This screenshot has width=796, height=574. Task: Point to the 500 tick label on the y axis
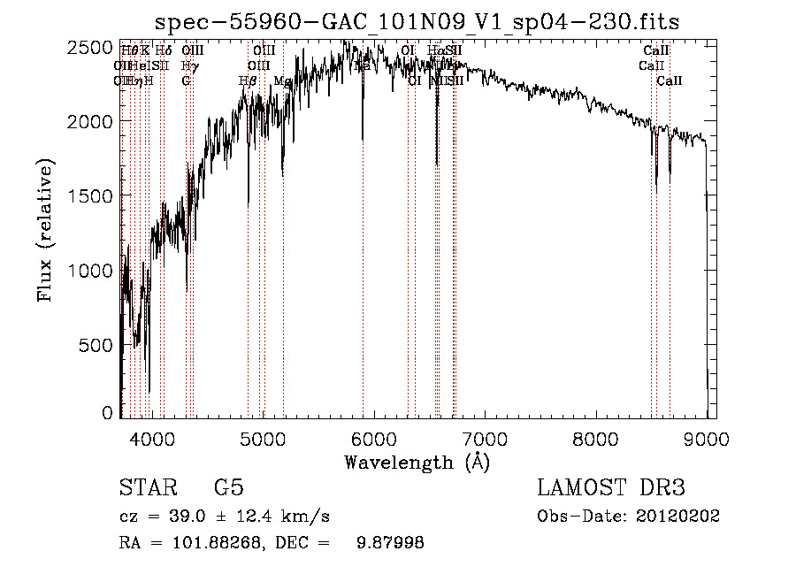97,345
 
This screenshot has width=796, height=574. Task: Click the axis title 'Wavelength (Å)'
417,461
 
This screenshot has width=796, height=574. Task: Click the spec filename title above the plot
417,22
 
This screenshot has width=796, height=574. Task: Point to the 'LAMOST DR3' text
610,488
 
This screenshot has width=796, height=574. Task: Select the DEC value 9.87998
389,543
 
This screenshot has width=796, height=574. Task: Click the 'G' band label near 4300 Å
186,80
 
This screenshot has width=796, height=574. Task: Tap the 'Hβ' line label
248,80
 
